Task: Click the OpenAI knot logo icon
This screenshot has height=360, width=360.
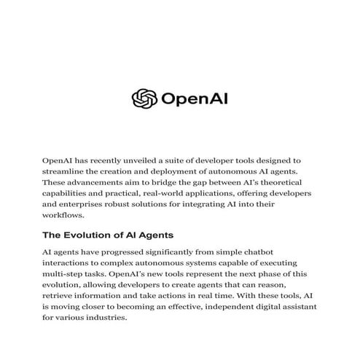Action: [x=144, y=98]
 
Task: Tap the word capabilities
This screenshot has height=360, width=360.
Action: [x=71, y=193]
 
